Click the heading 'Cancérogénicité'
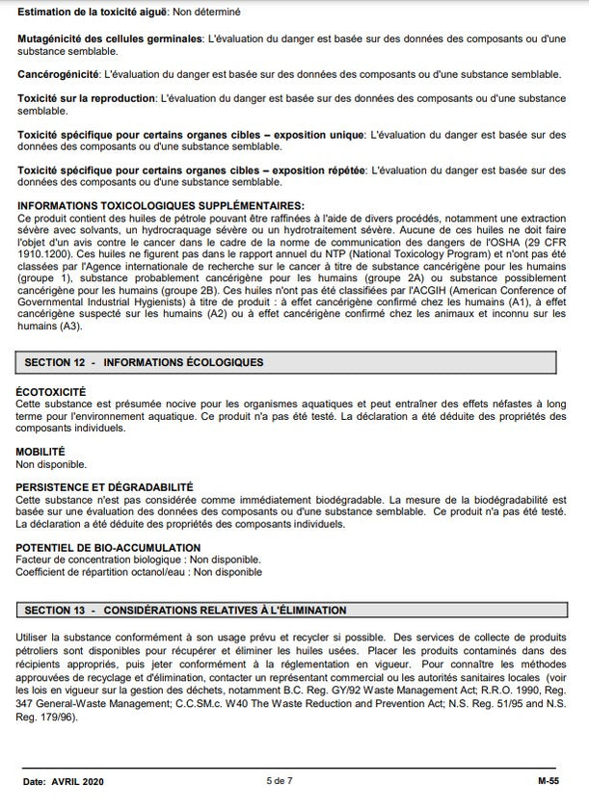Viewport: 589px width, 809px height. (57, 74)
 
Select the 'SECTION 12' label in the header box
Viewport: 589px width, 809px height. (56, 362)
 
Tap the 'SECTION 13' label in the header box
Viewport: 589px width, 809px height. (56, 611)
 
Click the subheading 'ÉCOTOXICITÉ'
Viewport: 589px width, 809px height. (51, 392)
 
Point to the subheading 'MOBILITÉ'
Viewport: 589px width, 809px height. (40, 451)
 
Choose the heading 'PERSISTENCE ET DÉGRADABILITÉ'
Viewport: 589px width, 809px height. (105, 487)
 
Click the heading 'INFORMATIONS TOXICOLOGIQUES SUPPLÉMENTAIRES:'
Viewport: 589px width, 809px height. (160, 205)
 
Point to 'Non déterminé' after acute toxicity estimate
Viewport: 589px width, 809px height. (206, 12)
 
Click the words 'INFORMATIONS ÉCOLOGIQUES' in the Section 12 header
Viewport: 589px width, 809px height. (183, 362)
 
